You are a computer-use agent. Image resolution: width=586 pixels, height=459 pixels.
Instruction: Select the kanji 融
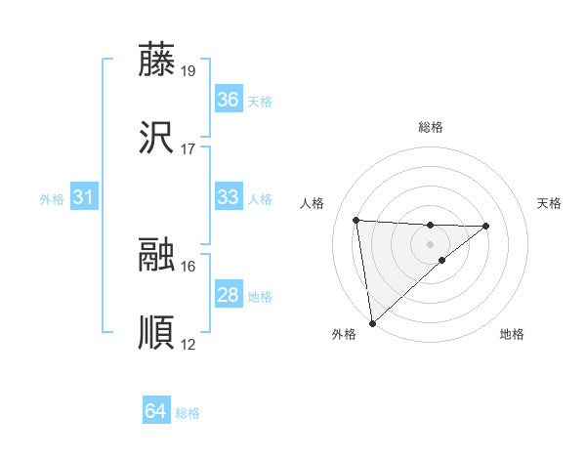coord(156,254)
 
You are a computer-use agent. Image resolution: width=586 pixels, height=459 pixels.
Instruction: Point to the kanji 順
coord(156,333)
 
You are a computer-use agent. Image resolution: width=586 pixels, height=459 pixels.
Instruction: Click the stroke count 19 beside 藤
coord(188,70)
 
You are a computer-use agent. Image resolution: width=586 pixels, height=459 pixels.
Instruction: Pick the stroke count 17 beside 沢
coord(188,149)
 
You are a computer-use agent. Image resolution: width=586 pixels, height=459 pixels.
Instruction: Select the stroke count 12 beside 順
coord(188,345)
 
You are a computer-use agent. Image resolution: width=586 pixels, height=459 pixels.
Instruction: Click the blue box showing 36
coord(229,100)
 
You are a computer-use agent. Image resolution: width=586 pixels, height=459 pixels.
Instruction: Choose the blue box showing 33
coord(229,197)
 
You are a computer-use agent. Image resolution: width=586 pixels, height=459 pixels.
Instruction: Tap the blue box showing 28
coord(229,295)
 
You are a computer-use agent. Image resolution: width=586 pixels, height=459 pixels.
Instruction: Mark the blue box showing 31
coord(84,197)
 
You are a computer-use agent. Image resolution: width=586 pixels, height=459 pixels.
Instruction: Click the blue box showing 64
coord(155,412)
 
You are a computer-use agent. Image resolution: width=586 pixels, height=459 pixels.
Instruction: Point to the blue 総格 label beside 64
coord(188,413)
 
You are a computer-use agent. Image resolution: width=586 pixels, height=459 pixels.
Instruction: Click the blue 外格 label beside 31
coord(52,198)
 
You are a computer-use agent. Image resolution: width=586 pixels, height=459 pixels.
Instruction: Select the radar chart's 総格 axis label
coord(430,127)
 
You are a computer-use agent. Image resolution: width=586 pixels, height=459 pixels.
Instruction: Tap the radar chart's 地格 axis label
coord(512,334)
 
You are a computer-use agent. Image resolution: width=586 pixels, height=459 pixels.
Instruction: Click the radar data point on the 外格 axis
coord(372,322)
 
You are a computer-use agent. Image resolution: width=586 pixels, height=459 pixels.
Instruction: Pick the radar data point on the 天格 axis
coord(486,227)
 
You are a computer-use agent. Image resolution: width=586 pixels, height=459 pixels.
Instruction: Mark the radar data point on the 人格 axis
coord(356,220)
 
